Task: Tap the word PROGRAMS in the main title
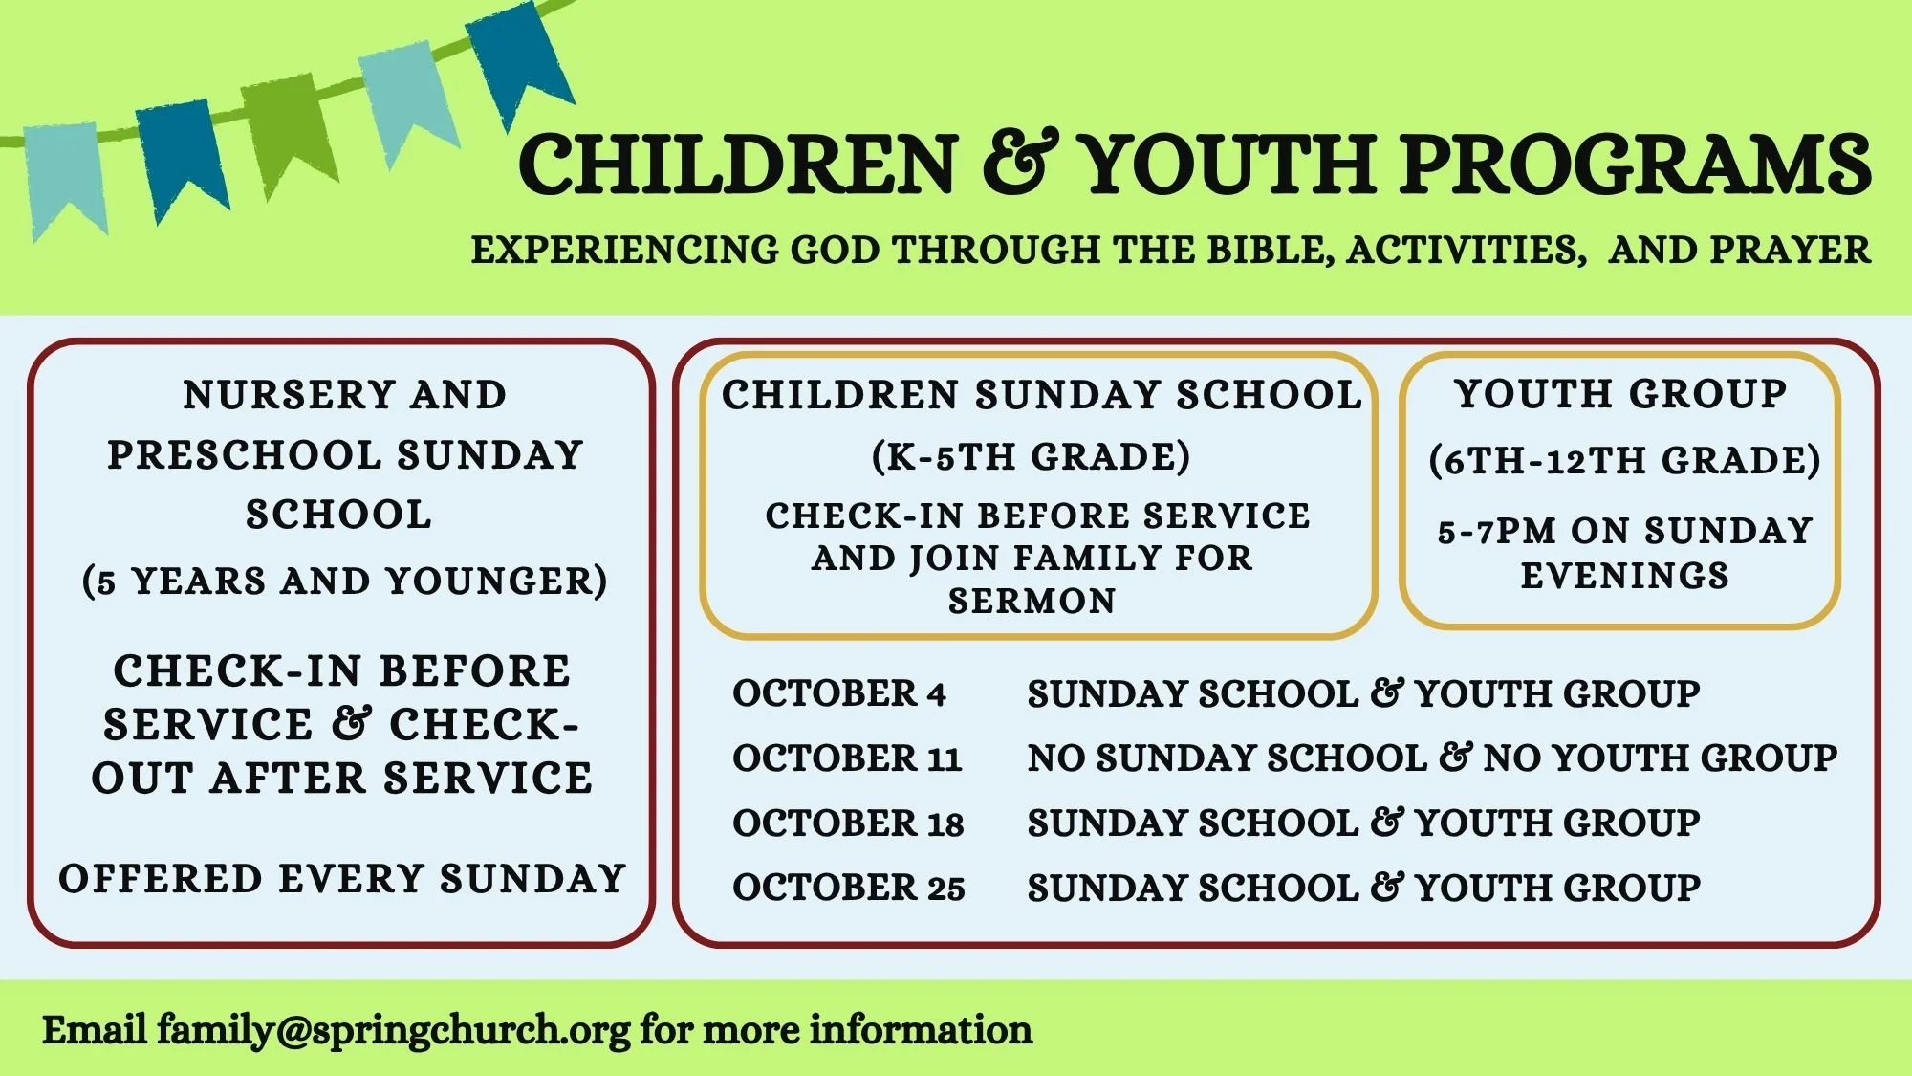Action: point(1636,165)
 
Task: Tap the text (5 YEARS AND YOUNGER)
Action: point(344,582)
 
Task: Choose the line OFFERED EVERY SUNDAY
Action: point(342,879)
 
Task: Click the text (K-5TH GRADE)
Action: point(1032,457)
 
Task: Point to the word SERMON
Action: point(1032,601)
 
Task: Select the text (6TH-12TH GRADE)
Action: point(1624,461)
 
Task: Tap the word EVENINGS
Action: point(1625,576)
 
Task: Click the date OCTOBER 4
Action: point(839,693)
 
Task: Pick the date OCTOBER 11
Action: point(847,758)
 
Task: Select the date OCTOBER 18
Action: point(848,823)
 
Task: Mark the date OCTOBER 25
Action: point(849,888)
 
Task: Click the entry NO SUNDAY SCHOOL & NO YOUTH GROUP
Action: point(1432,758)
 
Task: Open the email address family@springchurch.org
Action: point(394,1031)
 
